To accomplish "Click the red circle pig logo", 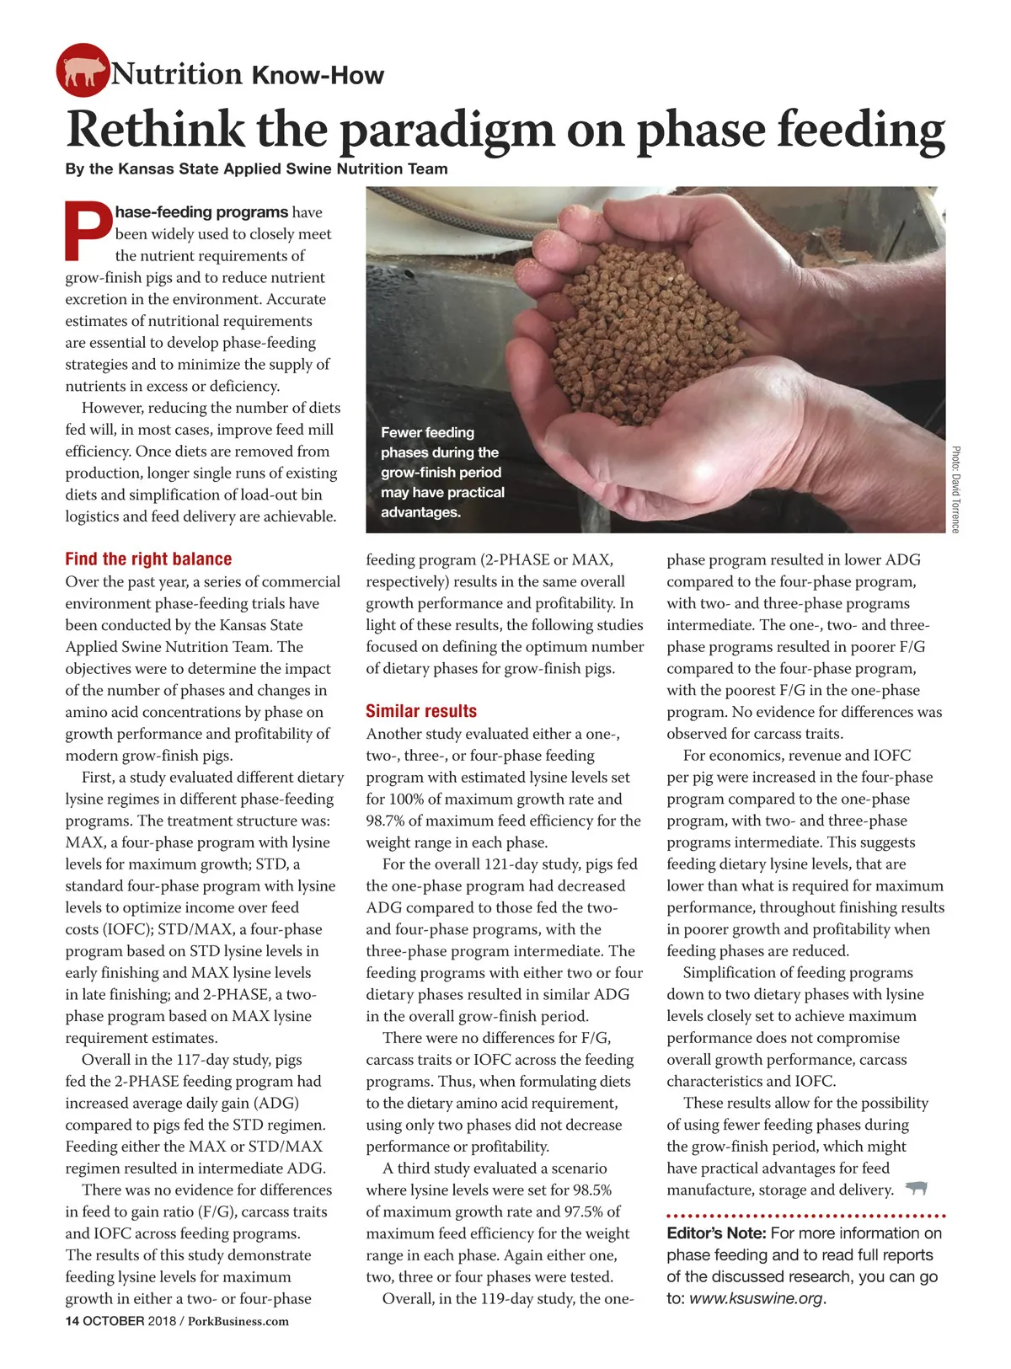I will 83,70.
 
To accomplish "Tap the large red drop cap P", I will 88,230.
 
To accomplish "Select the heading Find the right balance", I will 148,559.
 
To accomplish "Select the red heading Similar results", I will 421,711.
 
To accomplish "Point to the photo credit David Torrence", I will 955,489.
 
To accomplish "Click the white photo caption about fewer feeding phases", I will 442,472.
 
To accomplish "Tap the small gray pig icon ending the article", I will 916,1189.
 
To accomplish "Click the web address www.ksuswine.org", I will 756,1298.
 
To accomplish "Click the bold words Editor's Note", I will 715,1233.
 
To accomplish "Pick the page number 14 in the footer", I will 72,1321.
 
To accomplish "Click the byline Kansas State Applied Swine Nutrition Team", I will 283,168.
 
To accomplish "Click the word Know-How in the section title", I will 318,76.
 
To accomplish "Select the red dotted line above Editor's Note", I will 805,1216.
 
